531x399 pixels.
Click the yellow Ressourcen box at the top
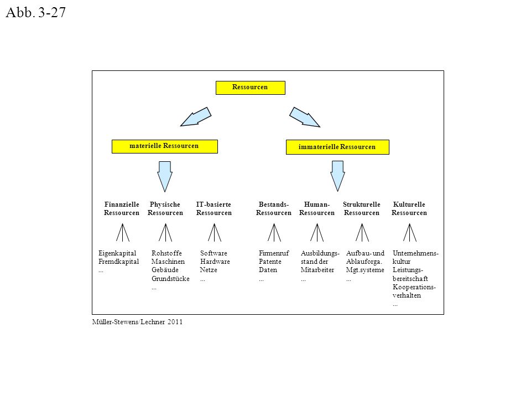click(x=250, y=88)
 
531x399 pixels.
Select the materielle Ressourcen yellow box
click(x=165, y=146)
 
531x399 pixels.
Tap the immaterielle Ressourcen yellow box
click(x=337, y=147)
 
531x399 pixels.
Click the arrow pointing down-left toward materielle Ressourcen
click(x=196, y=117)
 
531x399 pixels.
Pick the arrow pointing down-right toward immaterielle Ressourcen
click(x=304, y=117)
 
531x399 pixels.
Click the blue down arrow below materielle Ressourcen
click(x=165, y=176)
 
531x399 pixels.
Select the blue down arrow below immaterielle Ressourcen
click(x=337, y=176)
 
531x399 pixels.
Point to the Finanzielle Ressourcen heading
click(x=122, y=208)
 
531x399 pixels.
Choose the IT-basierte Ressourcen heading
click(x=214, y=208)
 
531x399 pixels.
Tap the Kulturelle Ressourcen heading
click(x=409, y=208)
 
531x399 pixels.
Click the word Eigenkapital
click(x=117, y=253)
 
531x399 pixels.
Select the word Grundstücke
click(x=170, y=279)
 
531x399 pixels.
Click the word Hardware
click(x=215, y=262)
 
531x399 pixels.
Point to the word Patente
click(x=270, y=262)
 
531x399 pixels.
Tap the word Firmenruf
click(x=274, y=253)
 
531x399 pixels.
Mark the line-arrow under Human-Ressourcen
click(x=317, y=232)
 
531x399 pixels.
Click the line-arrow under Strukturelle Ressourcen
click(x=362, y=232)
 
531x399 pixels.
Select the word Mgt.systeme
click(x=365, y=270)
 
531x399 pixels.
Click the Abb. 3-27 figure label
click(x=35, y=13)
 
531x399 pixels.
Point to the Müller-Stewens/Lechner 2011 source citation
click(x=137, y=322)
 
